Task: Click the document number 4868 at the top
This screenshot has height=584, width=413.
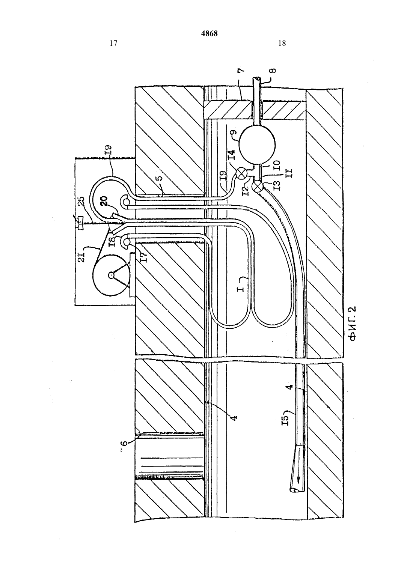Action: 210,33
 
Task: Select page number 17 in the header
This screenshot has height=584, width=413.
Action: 113,43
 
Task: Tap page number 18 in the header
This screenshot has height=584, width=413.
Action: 282,43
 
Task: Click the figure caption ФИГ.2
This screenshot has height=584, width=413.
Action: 353,323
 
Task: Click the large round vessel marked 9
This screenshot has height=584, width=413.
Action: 257,144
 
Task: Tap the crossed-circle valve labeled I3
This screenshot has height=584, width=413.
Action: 257,187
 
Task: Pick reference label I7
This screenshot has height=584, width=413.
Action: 144,257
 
